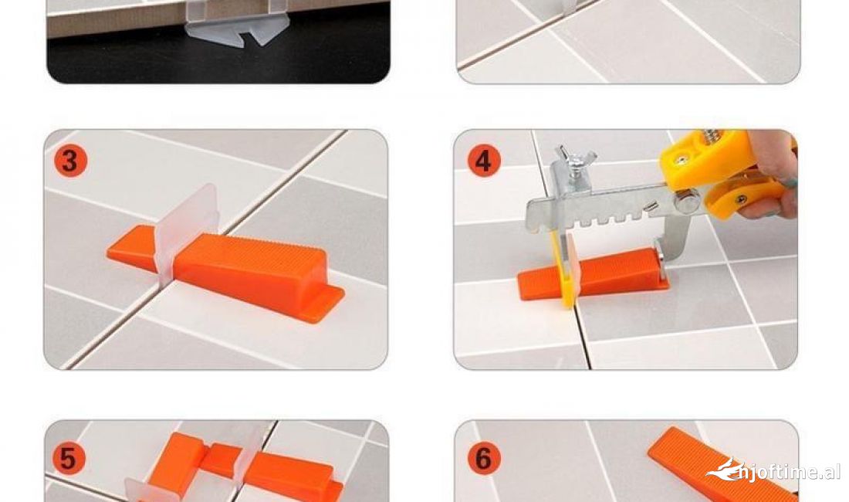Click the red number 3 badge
tap(69, 161)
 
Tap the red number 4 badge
tap(483, 161)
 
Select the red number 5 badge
tap(69, 458)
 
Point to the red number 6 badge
tap(483, 458)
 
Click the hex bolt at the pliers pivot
tap(687, 202)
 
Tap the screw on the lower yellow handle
tap(741, 199)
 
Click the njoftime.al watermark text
tap(789, 472)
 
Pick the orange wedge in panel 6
tap(720, 465)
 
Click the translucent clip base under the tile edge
tap(238, 32)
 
